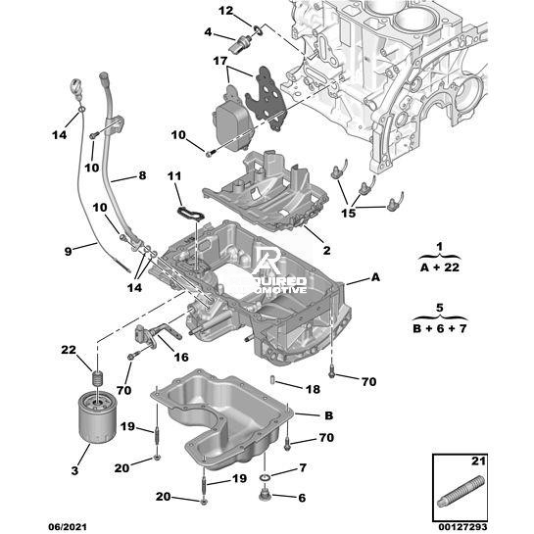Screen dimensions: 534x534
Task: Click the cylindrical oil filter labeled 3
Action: pyautogui.click(x=97, y=417)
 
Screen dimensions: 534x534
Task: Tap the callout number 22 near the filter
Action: pyautogui.click(x=69, y=350)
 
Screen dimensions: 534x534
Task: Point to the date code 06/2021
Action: pyautogui.click(x=68, y=527)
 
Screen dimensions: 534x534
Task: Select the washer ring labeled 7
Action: pyautogui.click(x=266, y=478)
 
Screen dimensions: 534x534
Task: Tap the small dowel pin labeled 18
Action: pyautogui.click(x=272, y=379)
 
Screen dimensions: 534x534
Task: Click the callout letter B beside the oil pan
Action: pyautogui.click(x=328, y=415)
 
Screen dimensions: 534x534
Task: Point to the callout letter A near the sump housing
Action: pyautogui.click(x=375, y=277)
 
